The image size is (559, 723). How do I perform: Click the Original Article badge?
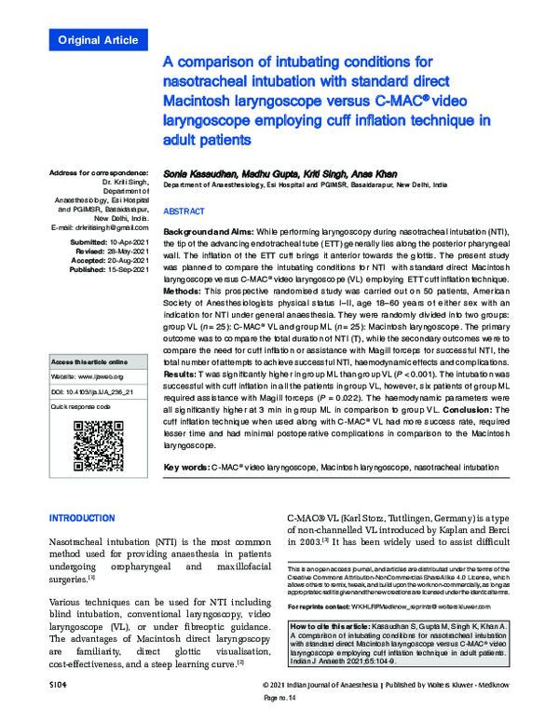click(x=98, y=40)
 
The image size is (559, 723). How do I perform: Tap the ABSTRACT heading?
click(x=185, y=211)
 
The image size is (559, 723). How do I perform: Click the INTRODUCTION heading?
click(x=82, y=518)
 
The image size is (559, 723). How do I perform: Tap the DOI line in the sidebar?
click(x=98, y=394)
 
